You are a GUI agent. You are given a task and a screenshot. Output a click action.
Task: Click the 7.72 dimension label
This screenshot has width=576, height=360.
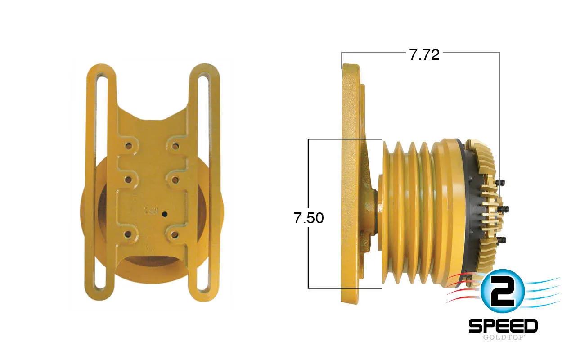click(x=424, y=55)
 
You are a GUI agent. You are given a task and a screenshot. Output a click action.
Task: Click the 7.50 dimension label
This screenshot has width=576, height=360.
click(x=309, y=218)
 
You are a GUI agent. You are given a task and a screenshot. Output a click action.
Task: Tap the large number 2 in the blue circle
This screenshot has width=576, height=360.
click(x=502, y=292)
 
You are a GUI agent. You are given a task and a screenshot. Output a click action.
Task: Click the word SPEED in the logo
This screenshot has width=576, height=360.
click(x=503, y=326)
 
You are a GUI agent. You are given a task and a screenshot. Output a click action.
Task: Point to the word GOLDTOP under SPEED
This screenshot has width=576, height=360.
click(x=504, y=337)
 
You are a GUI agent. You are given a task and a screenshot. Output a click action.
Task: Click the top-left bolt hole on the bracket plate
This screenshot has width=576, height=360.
click(x=128, y=147)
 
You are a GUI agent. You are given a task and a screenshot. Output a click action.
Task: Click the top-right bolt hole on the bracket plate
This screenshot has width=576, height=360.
click(x=175, y=147)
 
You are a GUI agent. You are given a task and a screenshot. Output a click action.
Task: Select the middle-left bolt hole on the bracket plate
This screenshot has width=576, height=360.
click(x=128, y=180)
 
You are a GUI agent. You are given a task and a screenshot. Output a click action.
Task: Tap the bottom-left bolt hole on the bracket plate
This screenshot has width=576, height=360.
click(x=127, y=234)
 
